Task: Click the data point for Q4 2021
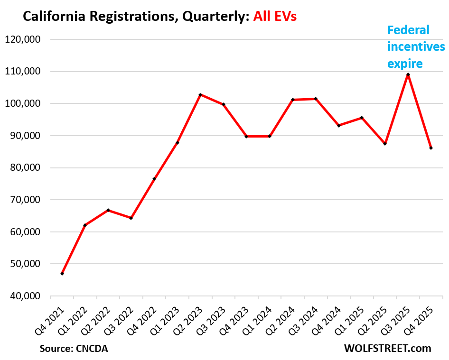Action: (x=62, y=274)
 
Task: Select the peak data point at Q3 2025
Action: (x=408, y=74)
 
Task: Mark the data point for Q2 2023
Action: (x=200, y=95)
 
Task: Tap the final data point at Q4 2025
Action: (x=431, y=148)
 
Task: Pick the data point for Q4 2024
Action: (x=339, y=125)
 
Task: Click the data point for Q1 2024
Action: (x=270, y=136)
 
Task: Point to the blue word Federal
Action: (x=408, y=30)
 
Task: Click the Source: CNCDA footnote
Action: (x=74, y=349)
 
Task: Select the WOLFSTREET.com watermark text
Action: (x=387, y=349)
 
